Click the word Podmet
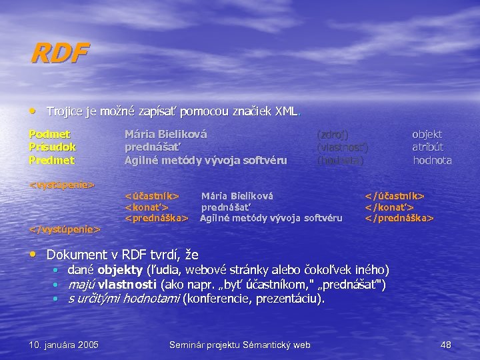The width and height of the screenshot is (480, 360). click(x=50, y=134)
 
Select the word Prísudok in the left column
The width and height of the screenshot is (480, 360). click(x=53, y=147)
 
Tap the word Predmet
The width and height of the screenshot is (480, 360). click(x=52, y=160)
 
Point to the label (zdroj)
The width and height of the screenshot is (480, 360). click(x=332, y=134)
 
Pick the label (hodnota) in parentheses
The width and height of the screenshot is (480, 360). click(x=340, y=160)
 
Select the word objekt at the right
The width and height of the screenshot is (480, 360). click(x=427, y=134)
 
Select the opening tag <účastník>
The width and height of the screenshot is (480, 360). click(x=153, y=196)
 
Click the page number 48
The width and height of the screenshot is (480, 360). click(x=446, y=345)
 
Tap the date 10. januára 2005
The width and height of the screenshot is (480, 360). click(x=64, y=345)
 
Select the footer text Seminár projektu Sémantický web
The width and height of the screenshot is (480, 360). click(x=240, y=345)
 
